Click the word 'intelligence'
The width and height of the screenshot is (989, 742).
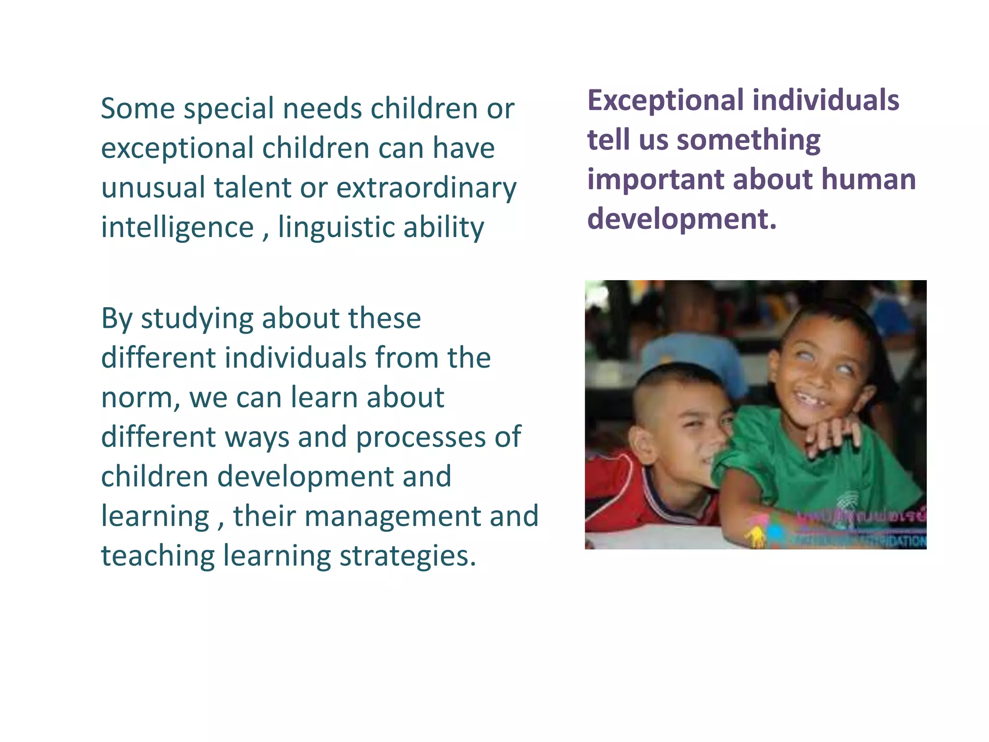pyautogui.click(x=177, y=228)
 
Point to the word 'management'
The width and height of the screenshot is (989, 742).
pyautogui.click(x=392, y=516)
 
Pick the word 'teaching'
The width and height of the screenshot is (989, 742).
pyautogui.click(x=157, y=556)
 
